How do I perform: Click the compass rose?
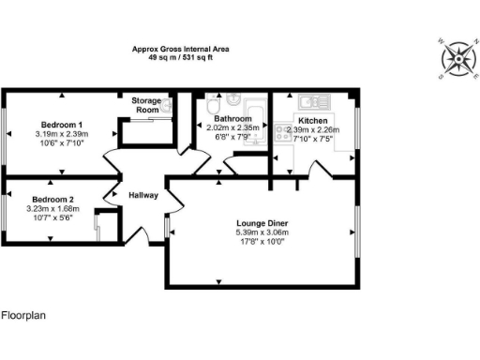458,58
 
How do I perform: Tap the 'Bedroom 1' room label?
61,125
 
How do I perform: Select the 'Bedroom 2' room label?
53,200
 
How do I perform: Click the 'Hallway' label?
143,194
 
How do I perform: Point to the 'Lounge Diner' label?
262,223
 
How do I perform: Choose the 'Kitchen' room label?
312,121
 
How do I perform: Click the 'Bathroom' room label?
233,120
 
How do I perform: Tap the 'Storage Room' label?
145,105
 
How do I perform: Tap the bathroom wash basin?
206,106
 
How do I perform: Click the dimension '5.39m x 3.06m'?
262,232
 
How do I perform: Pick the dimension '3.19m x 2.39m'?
61,134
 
